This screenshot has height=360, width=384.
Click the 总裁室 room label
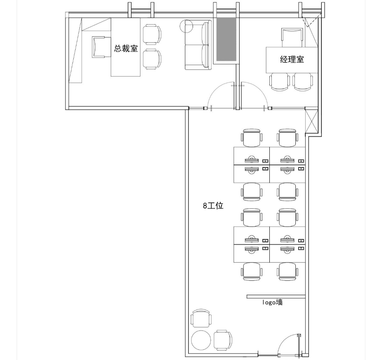126,48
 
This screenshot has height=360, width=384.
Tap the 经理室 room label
292,60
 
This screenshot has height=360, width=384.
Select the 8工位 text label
213,205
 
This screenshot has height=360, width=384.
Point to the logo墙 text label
272,302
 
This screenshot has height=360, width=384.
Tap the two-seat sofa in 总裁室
198,45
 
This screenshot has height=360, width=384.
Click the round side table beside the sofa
186,26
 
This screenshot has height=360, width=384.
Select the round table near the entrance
201,340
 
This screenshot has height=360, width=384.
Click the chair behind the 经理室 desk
292,37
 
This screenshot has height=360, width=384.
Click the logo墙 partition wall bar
276,297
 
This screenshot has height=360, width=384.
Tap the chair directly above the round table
201,318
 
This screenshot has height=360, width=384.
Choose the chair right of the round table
223,340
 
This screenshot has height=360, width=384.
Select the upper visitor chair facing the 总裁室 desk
152,34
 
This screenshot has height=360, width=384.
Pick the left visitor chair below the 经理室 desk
279,82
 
